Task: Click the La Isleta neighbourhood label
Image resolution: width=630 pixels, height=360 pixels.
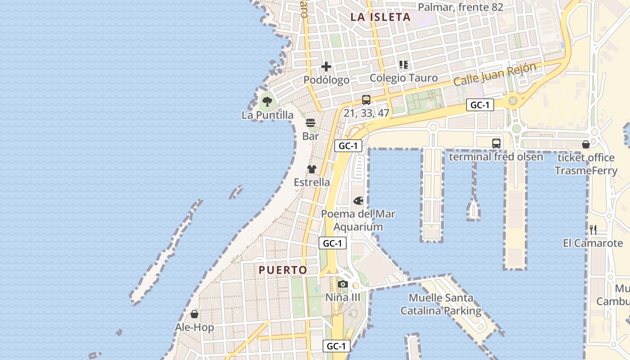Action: tap(380, 17)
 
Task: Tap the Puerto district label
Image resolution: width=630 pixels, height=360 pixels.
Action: tap(283, 270)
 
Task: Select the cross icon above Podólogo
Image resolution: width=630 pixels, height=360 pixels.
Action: tap(326, 67)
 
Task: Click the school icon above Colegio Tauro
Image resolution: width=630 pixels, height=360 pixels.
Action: tap(404, 65)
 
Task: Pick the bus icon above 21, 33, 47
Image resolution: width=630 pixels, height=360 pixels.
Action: tap(366, 100)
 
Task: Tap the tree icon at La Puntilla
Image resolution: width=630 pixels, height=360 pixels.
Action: tap(267, 101)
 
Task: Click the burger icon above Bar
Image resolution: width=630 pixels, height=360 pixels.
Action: tap(310, 123)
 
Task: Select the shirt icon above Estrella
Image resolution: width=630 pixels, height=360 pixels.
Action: tap(312, 169)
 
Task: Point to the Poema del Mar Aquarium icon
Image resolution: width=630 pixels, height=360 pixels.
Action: tap(359, 200)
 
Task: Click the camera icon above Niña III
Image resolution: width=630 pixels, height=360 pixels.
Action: tap(343, 284)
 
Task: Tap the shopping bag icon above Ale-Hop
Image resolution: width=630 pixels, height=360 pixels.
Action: tap(194, 314)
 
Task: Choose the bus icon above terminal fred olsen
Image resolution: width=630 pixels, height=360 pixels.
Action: tap(496, 144)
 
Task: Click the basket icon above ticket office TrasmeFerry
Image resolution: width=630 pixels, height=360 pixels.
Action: tap(585, 144)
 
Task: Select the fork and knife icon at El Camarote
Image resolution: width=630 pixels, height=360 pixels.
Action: tap(593, 230)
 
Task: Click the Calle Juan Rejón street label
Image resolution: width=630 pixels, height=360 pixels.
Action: tap(495, 75)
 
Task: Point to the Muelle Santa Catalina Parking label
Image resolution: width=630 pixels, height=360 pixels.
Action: tap(441, 304)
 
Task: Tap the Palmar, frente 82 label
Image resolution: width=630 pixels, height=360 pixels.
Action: tap(460, 7)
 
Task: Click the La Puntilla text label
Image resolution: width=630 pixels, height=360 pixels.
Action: tap(267, 115)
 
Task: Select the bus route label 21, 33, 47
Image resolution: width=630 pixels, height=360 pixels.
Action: tap(366, 113)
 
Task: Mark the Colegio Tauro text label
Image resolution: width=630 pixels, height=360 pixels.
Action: tap(404, 78)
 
